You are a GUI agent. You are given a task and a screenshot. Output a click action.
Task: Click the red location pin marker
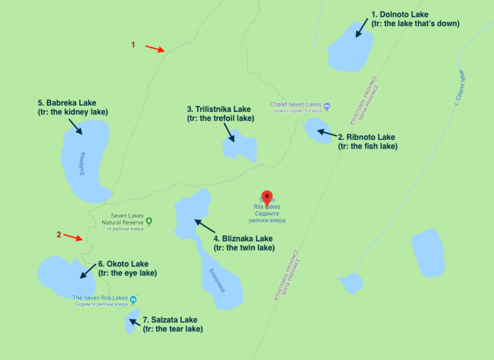click(x=267, y=198)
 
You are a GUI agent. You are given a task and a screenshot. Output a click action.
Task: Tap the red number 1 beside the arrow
click(x=133, y=44)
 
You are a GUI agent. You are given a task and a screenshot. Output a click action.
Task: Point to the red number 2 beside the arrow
click(x=59, y=235)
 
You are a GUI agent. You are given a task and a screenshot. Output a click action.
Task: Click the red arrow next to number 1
click(x=155, y=48)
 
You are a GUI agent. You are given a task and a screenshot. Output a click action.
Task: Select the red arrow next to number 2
click(x=73, y=237)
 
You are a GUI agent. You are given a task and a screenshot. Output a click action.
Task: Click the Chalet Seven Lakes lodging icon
click(x=327, y=105)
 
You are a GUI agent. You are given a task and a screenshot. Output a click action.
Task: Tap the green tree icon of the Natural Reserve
click(x=149, y=221)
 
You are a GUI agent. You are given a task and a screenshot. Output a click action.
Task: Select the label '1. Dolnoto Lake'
click(x=400, y=14)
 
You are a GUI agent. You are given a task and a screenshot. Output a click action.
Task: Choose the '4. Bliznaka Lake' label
click(x=243, y=239)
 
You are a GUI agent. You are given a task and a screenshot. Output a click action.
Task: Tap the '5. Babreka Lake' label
click(x=67, y=103)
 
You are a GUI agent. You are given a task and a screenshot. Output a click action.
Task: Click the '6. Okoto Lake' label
click(x=123, y=264)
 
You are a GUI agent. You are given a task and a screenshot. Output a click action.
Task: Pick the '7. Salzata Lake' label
click(x=170, y=320)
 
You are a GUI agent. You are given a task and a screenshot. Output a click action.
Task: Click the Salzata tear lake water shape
click(x=132, y=321)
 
